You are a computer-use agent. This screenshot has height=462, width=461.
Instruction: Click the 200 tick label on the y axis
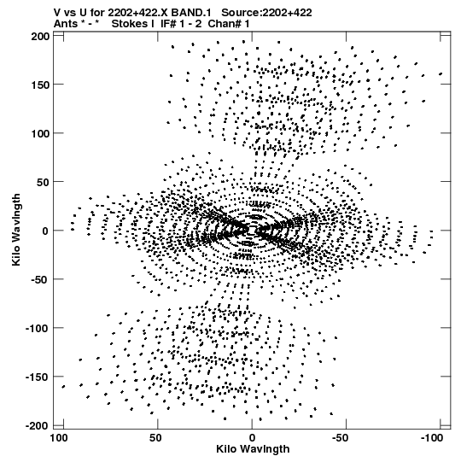pos(41,36)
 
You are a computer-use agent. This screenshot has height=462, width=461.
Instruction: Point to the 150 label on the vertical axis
pos(41,85)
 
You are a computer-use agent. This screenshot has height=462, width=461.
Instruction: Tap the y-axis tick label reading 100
pos(41,133)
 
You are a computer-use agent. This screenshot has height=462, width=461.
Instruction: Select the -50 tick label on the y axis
pos(39,279)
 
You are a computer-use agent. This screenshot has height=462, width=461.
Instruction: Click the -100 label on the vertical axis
pos(37,328)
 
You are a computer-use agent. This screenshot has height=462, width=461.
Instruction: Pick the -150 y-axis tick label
pos(37,377)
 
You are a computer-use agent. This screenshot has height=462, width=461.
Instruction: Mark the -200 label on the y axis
pos(37,426)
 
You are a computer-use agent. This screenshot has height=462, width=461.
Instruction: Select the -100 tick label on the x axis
pos(431,438)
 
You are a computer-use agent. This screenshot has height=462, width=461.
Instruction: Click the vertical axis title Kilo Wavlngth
pos(16,230)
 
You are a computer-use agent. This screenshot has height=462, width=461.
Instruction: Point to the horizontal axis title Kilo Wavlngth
pos(253,449)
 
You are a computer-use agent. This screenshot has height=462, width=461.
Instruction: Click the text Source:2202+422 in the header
pos(266,13)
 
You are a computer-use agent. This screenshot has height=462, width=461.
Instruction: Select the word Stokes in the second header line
pos(131,24)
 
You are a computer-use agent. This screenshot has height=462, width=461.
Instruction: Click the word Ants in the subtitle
pos(66,24)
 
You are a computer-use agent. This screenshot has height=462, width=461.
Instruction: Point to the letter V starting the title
pos(57,13)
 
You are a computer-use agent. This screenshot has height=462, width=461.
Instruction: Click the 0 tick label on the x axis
pos(252,438)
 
